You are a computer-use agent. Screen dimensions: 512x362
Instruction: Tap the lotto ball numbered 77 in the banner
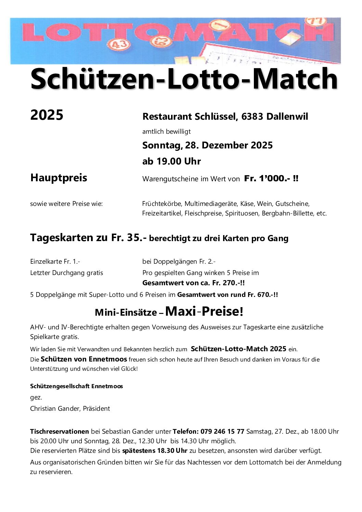[316, 21]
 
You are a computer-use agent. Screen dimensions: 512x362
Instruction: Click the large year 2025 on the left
[47, 115]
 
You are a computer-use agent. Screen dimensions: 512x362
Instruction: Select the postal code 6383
[252, 117]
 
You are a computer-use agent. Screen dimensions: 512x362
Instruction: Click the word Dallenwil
[287, 117]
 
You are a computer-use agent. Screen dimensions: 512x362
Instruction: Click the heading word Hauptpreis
[59, 178]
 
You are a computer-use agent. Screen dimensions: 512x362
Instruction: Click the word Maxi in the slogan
[180, 312]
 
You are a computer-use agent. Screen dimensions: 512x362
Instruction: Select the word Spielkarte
[44, 337]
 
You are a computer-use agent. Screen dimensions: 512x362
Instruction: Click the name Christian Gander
[55, 409]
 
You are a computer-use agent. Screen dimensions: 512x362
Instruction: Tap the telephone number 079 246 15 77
[222, 432]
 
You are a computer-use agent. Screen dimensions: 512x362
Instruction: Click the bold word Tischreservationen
[60, 432]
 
